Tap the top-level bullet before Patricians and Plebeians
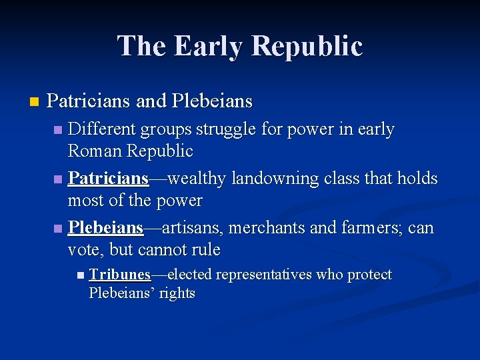click(34, 102)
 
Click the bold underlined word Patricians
click(108, 179)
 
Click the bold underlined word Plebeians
click(105, 228)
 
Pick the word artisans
click(193, 228)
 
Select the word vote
click(84, 250)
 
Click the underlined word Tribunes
click(119, 275)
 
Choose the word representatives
click(264, 275)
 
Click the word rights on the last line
click(177, 293)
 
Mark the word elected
click(189, 275)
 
